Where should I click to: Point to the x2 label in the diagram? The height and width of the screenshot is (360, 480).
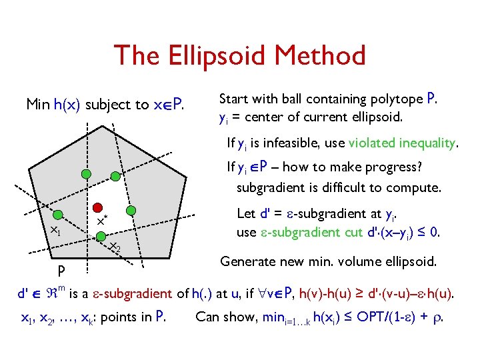click(115, 247)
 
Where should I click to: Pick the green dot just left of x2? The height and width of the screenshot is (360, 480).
click(101, 235)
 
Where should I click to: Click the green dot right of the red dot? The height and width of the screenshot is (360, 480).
click(131, 208)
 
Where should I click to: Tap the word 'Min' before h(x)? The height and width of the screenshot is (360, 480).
click(37, 105)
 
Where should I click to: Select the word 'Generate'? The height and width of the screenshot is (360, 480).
click(247, 261)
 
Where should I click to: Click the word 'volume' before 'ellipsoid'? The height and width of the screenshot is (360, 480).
click(354, 261)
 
